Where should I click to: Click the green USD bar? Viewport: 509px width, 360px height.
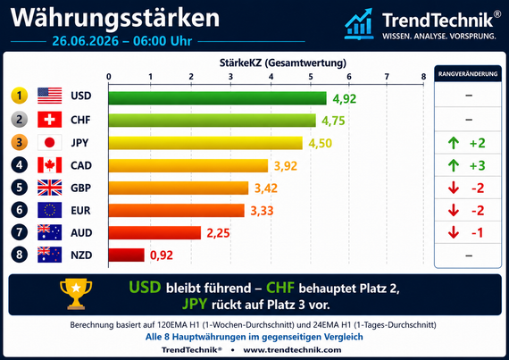click(x=217, y=98)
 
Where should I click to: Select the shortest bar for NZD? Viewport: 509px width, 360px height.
click(x=126, y=255)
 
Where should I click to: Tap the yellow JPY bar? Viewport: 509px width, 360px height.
click(x=205, y=143)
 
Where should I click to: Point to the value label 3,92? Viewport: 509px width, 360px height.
click(x=286, y=166)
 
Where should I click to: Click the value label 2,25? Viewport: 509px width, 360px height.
click(x=218, y=233)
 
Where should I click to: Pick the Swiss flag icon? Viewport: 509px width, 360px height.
click(x=49, y=120)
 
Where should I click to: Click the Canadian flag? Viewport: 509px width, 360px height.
click(x=49, y=165)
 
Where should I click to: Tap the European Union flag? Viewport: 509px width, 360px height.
click(x=49, y=210)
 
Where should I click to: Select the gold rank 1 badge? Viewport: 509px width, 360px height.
click(x=19, y=96)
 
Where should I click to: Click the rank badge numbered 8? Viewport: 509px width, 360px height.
click(x=19, y=255)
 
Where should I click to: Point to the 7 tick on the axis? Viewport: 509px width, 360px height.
click(x=387, y=77)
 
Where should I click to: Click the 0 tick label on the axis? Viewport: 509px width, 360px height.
click(x=109, y=77)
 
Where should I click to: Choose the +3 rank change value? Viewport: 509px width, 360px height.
click(x=477, y=165)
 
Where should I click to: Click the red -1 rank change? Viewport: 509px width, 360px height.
click(x=477, y=233)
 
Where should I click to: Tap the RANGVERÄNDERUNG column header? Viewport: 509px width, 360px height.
click(x=468, y=74)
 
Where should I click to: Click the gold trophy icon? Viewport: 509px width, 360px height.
click(x=76, y=294)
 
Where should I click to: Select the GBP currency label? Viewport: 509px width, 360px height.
click(x=81, y=188)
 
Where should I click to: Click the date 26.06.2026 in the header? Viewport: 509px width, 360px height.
click(x=86, y=41)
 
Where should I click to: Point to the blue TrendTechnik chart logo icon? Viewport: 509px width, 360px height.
click(x=359, y=24)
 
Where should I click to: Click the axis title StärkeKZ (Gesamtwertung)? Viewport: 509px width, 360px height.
click(x=283, y=63)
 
